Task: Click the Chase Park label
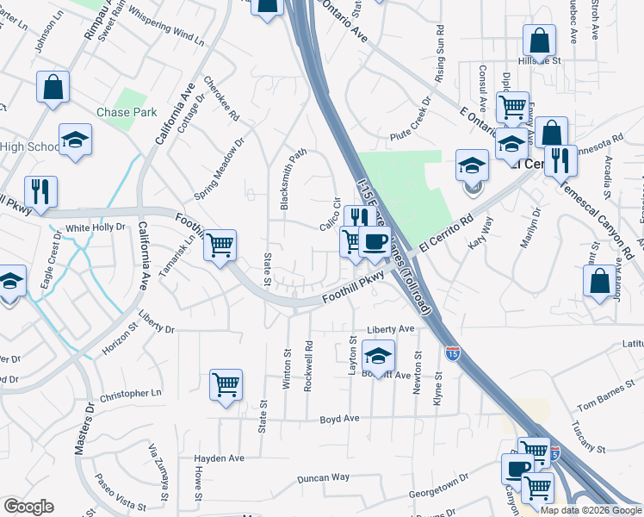pos(126,113)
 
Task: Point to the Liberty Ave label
pos(391,329)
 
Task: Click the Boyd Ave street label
pos(339,419)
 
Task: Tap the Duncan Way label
pos(323,477)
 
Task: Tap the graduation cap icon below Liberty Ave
pos(378,354)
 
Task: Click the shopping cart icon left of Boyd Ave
pos(226,384)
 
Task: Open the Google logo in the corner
pos(28,507)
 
